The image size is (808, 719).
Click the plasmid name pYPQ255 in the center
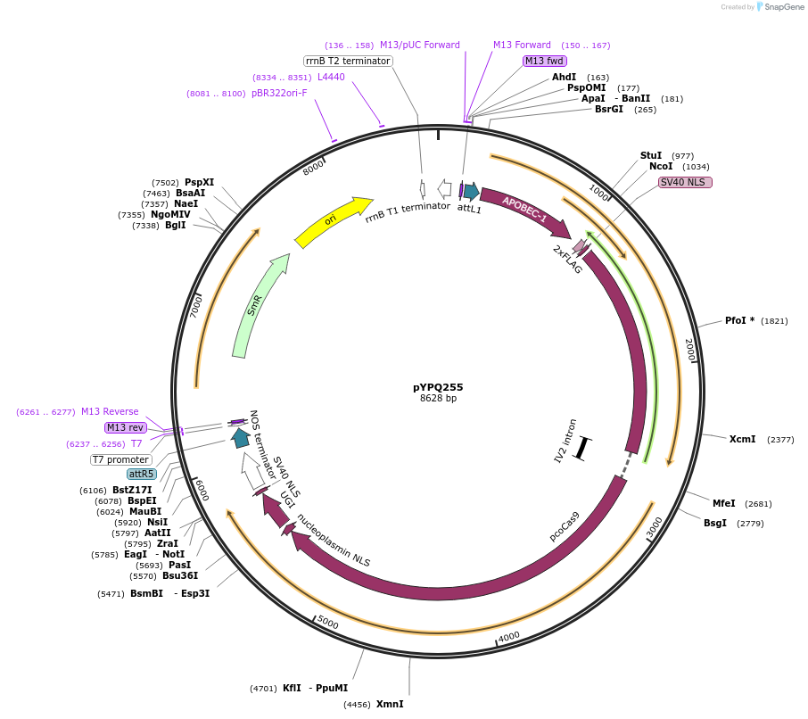click(x=438, y=387)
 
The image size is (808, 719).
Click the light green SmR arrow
click(x=258, y=303)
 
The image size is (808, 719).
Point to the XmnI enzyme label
click(x=390, y=704)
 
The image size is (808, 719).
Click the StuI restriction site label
click(x=651, y=155)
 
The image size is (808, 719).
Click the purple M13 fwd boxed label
click(x=545, y=61)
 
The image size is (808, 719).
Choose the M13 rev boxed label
click(x=124, y=427)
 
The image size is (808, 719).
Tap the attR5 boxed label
click(x=141, y=474)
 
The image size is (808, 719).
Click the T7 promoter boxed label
click(x=121, y=459)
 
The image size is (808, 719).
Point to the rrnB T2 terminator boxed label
click(x=348, y=61)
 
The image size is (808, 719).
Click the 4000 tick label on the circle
click(x=509, y=636)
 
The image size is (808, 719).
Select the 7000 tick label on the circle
click(x=197, y=306)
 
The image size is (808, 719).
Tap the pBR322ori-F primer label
click(x=279, y=93)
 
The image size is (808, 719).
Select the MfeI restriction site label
click(x=723, y=503)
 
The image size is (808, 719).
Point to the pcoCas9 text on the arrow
click(x=565, y=526)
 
